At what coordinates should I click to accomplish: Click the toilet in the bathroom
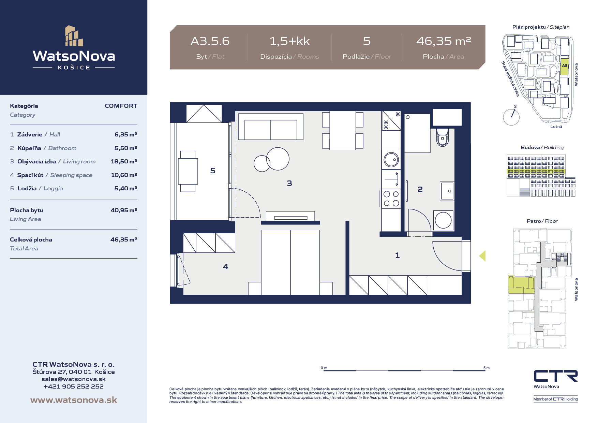(x=443, y=137)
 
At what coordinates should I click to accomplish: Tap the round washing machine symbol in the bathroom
(x=443, y=220)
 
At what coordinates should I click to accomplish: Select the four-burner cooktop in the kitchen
(x=391, y=199)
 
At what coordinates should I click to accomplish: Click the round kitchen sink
(x=391, y=160)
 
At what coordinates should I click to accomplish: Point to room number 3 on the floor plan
(x=289, y=183)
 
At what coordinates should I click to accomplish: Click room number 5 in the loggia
(x=213, y=171)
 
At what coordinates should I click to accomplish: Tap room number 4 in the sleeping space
(x=225, y=266)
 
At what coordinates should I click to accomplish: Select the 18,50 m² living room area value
(x=124, y=161)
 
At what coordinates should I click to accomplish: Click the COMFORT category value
(x=121, y=106)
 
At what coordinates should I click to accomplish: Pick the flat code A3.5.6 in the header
(x=210, y=41)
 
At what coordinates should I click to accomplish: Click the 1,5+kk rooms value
(x=289, y=41)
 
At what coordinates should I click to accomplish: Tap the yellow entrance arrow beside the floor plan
(x=482, y=256)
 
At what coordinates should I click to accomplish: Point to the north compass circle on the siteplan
(x=511, y=117)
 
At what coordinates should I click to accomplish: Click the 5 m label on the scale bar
(x=487, y=368)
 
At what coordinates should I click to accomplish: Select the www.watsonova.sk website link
(x=74, y=400)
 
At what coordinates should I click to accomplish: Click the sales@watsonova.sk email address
(x=74, y=379)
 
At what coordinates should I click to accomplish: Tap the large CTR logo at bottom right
(x=556, y=376)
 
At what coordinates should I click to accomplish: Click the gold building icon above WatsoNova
(x=74, y=36)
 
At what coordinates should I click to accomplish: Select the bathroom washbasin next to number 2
(x=447, y=191)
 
